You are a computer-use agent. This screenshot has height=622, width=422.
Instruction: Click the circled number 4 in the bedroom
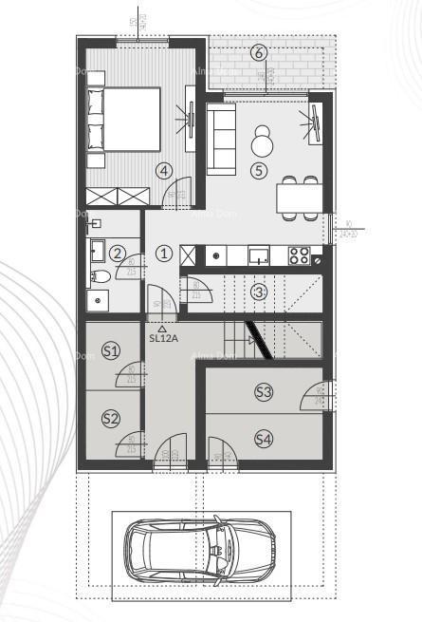click(x=165, y=171)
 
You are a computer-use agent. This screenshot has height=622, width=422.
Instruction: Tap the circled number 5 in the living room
click(x=259, y=171)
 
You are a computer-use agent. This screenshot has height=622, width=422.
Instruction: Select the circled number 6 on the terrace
click(x=259, y=52)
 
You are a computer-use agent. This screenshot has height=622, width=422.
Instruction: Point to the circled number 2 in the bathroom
click(x=117, y=253)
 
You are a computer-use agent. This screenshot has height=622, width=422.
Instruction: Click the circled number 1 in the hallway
click(x=164, y=253)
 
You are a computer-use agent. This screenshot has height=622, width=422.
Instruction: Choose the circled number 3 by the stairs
click(x=259, y=292)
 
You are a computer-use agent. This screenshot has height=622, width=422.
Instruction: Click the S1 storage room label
click(x=111, y=351)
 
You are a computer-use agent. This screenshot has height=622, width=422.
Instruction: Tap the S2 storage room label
click(x=111, y=418)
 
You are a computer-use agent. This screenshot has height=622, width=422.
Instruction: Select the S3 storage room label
click(x=264, y=391)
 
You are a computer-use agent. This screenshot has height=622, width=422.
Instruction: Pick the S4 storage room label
click(x=264, y=438)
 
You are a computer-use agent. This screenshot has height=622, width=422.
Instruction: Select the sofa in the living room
click(x=221, y=140)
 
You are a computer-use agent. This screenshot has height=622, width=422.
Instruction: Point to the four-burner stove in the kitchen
click(x=298, y=254)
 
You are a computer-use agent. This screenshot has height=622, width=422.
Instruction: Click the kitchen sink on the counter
click(x=258, y=254)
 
